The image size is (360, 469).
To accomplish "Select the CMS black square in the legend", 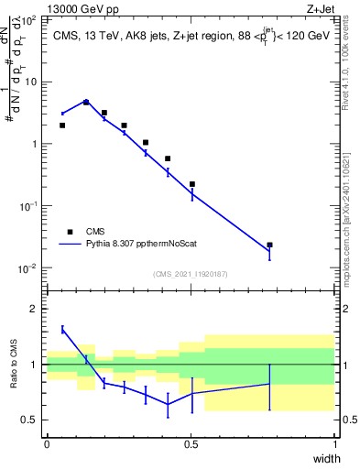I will (69, 232).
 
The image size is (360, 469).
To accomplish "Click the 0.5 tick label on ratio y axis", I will (30, 420).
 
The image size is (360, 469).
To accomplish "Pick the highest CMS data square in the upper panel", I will (86, 103).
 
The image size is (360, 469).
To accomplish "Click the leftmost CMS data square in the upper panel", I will (62, 125).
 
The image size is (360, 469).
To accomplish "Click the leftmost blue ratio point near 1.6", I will (62, 330).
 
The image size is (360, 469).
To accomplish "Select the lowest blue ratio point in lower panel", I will (168, 405).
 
